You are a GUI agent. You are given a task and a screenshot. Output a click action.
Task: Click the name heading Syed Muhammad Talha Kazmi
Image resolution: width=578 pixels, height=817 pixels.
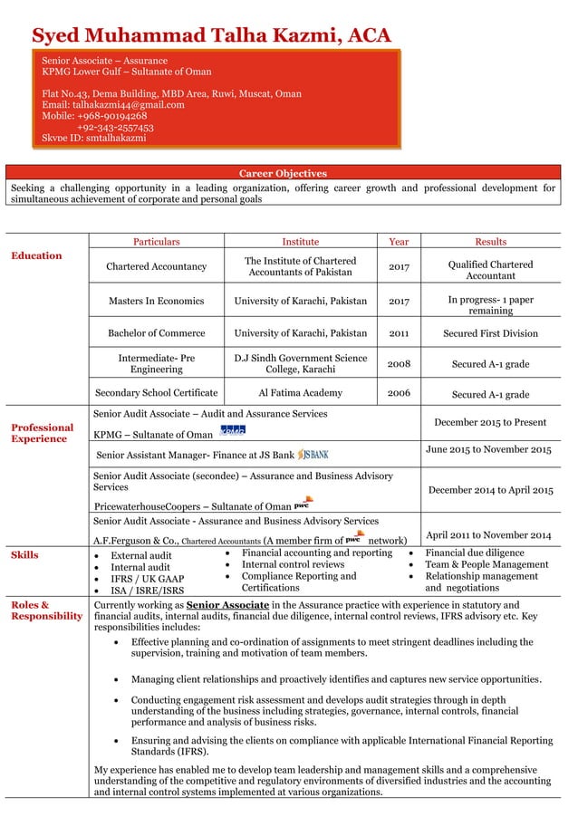tap(211, 35)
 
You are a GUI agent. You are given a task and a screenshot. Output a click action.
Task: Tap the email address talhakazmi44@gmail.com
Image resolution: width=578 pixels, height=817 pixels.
tap(113, 105)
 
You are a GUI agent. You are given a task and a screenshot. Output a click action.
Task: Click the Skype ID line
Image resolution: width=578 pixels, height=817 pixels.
tap(93, 138)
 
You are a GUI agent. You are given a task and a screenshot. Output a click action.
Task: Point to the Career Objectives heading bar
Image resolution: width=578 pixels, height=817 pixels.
tap(283, 173)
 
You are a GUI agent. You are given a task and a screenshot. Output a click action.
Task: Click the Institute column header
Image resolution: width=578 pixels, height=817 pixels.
tap(300, 242)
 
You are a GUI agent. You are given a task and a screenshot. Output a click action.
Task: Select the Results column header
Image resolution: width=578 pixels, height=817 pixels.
tap(490, 242)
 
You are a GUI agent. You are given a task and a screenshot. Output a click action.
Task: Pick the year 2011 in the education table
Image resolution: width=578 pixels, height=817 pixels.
tap(399, 333)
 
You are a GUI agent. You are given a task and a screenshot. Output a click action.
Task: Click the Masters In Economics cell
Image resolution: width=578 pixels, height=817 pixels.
tap(156, 301)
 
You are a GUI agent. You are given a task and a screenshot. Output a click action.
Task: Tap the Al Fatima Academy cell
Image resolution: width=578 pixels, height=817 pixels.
tap(300, 393)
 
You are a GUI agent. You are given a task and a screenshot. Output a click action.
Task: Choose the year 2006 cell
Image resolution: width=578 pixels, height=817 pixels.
tap(399, 393)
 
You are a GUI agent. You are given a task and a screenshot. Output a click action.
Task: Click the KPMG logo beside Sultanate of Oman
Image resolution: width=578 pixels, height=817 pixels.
tap(233, 431)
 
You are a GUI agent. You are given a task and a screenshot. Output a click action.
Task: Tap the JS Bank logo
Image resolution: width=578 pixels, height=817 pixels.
tap(313, 453)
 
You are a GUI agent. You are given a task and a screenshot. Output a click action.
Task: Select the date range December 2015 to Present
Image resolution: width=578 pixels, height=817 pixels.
tap(490, 422)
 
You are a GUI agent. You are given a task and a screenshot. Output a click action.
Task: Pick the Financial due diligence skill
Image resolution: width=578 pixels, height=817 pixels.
tap(474, 553)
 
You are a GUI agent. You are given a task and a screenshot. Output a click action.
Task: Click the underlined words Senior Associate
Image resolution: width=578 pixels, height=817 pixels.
tap(226, 605)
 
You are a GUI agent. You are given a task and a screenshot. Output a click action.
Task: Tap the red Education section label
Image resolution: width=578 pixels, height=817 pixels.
tap(36, 255)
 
